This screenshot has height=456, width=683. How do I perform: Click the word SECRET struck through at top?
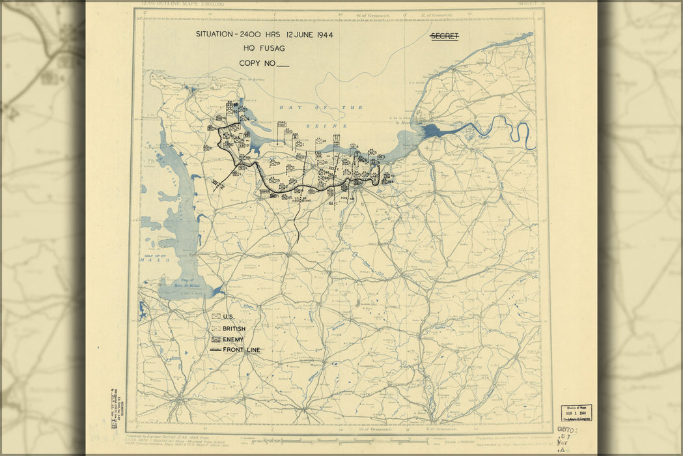click(x=444, y=36)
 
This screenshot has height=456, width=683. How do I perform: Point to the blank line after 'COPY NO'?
click(x=282, y=64)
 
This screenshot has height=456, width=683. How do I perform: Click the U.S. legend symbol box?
click(x=215, y=317)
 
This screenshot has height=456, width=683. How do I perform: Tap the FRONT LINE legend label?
click(x=241, y=350)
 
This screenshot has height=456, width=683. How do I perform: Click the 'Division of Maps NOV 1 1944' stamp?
click(x=576, y=413)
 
